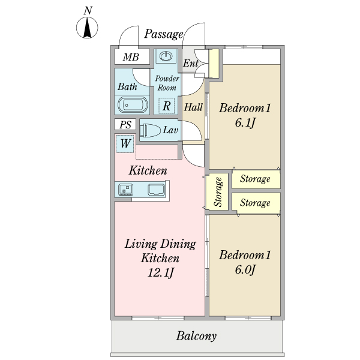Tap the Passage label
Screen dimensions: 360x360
pos(163,34)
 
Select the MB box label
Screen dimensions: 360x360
pos(131,58)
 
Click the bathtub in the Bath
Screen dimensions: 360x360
pos(132,105)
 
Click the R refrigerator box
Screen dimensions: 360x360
pos(166,106)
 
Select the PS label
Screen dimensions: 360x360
pos(125,125)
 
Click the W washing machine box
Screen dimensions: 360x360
pos(125,143)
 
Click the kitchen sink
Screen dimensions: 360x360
pos(157,190)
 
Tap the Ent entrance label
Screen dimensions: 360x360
pos(191,63)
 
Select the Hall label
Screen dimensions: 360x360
pos(193,108)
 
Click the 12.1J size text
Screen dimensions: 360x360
pos(160,274)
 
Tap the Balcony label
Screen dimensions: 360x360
pos(196,336)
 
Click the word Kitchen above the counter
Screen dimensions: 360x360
pos(148,171)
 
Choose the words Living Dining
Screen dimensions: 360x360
pos(160,244)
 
